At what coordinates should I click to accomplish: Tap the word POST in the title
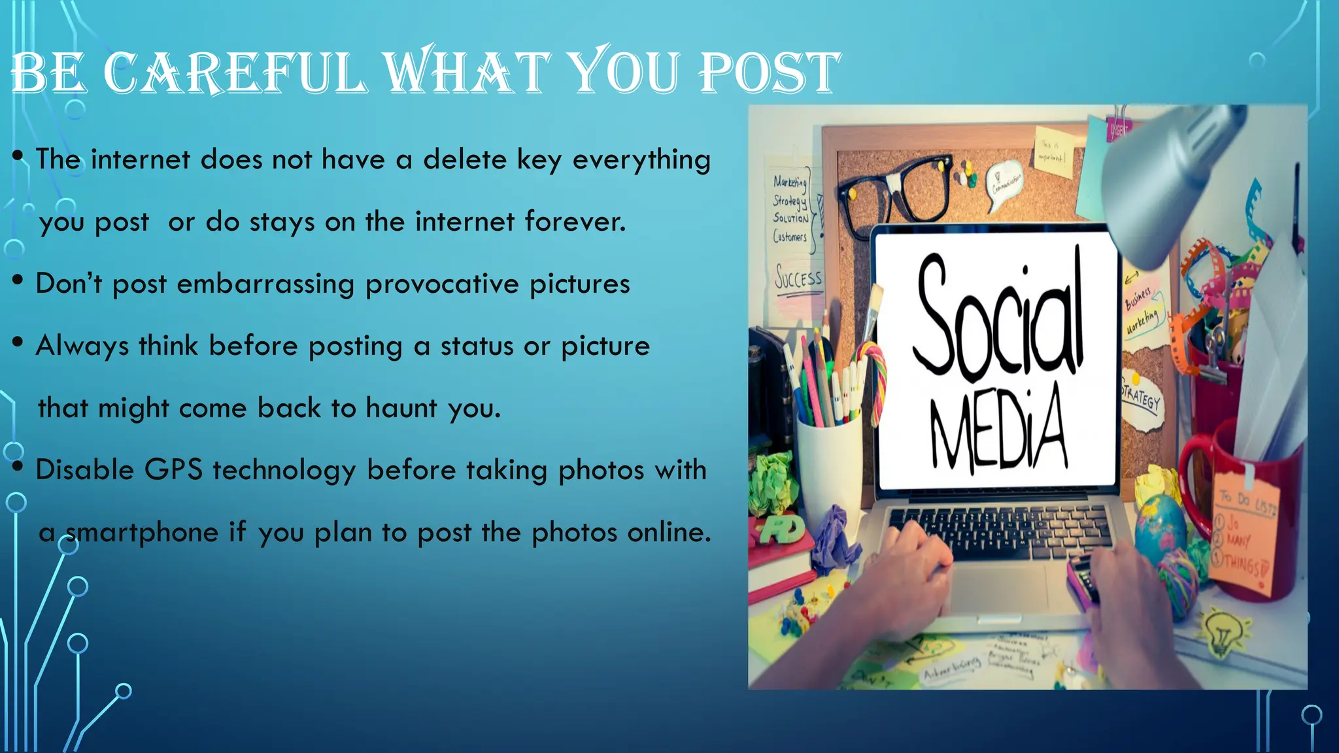point(769,73)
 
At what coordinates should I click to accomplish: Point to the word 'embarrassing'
point(265,284)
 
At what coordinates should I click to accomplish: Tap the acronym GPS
point(173,470)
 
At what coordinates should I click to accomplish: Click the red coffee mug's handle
point(1195,484)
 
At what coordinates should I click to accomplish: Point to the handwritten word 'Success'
point(798,278)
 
